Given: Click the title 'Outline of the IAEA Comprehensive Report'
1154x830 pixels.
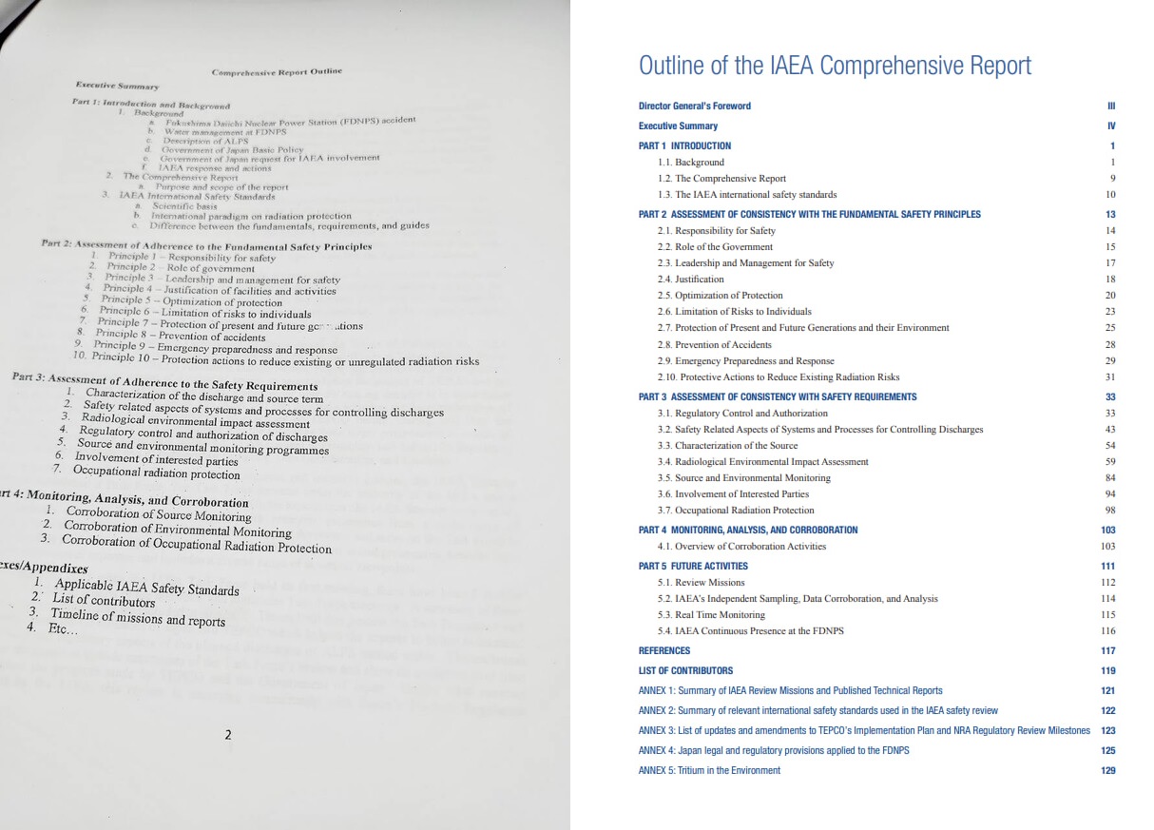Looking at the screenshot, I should tap(835, 66).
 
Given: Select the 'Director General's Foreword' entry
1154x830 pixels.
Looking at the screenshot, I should tap(694, 106).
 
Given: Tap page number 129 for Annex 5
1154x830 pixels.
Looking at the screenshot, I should tap(1107, 771).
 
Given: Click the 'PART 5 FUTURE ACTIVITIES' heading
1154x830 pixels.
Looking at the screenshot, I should tap(693, 567).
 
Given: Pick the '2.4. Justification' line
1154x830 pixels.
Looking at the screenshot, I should tap(690, 280).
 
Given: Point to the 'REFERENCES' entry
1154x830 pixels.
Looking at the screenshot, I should tap(664, 651).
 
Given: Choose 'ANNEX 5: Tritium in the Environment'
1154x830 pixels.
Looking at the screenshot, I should tap(709, 771).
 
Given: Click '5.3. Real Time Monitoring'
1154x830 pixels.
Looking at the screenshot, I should tap(710, 615).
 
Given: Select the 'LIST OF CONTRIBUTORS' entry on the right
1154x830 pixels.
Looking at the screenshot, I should tap(685, 671).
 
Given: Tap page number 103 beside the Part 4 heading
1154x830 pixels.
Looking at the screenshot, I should tap(1107, 531).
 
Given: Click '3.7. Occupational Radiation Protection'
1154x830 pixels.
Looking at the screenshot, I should tap(735, 511).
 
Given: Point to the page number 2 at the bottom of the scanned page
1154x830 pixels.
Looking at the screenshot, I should tap(227, 735).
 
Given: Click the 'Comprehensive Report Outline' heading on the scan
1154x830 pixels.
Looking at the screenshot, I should tap(276, 71).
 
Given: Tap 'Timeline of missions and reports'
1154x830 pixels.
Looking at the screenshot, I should tap(138, 617).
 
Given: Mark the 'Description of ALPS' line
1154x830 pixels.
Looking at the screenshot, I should tap(205, 141).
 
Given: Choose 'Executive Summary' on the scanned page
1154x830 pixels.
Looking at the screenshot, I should tap(117, 86).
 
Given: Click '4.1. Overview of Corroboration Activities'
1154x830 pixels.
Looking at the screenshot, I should tap(741, 547).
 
